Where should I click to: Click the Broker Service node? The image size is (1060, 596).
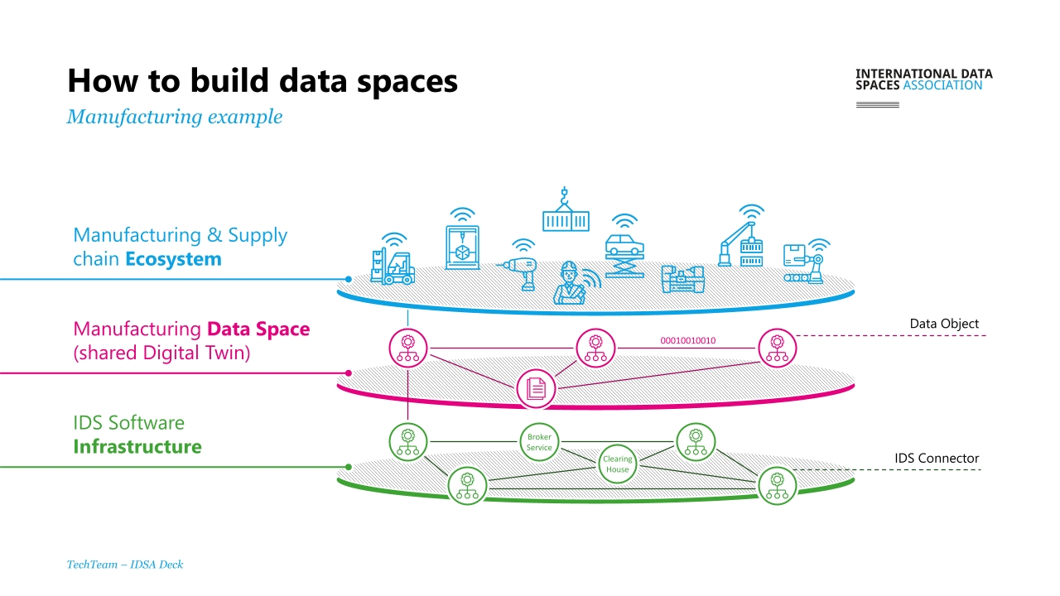(x=539, y=442)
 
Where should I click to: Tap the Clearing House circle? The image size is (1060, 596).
(x=617, y=464)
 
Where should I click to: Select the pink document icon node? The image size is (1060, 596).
(x=536, y=389)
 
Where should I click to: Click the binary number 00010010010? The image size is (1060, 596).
(x=687, y=340)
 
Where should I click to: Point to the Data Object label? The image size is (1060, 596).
(x=944, y=324)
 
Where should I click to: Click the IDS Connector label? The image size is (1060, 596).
(x=937, y=458)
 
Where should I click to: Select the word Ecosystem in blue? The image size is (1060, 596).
(x=173, y=259)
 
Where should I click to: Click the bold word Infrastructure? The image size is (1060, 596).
(x=137, y=446)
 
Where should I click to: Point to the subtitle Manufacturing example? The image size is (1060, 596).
(x=175, y=117)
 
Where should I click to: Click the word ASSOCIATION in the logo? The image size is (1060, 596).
(x=942, y=85)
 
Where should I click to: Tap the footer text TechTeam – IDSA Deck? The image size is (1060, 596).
(x=124, y=565)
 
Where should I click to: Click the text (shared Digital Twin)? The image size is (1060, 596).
(x=161, y=353)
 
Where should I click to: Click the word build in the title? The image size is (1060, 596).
(x=229, y=80)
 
